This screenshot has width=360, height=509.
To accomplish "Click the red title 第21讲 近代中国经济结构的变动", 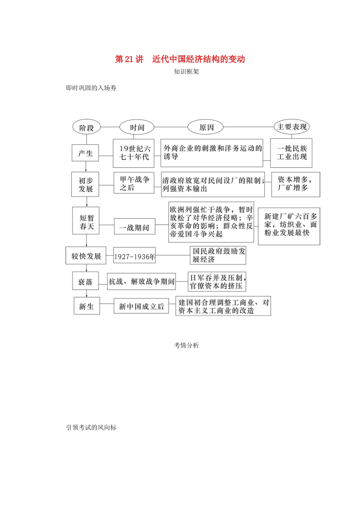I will pyautogui.click(x=180, y=59).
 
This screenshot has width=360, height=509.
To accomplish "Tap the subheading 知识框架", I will pyautogui.click(x=186, y=72).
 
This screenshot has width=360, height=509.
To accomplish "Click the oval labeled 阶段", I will pyautogui.click(x=86, y=128).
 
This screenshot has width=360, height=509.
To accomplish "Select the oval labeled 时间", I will pyautogui.click(x=137, y=127).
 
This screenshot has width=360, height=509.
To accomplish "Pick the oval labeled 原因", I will pyautogui.click(x=206, y=127).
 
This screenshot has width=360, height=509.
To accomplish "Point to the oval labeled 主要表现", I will pyautogui.click(x=292, y=127).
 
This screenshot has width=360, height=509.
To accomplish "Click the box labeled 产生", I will pyautogui.click(x=85, y=153).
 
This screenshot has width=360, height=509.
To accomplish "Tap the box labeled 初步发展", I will pyautogui.click(x=85, y=184).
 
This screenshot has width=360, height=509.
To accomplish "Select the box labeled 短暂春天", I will pyautogui.click(x=86, y=221).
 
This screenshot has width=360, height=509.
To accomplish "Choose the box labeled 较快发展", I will pyautogui.click(x=86, y=256).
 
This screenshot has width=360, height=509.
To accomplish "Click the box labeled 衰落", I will pyautogui.click(x=85, y=281).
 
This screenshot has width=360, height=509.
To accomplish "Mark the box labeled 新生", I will pyautogui.click(x=86, y=306).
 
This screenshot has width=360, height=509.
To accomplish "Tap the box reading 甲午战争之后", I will pyautogui.click(x=134, y=183).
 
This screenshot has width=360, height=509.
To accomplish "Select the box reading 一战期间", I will pyautogui.click(x=135, y=227).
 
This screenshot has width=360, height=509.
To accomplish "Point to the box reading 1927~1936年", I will pyautogui.click(x=135, y=256).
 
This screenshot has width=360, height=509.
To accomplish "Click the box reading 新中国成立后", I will pyautogui.click(x=141, y=306).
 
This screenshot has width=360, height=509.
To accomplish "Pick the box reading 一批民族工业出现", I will pyautogui.click(x=292, y=153).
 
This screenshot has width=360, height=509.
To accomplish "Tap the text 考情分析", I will pyautogui.click(x=186, y=345).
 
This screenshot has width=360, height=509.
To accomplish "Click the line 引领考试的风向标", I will pyautogui.click(x=91, y=428).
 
